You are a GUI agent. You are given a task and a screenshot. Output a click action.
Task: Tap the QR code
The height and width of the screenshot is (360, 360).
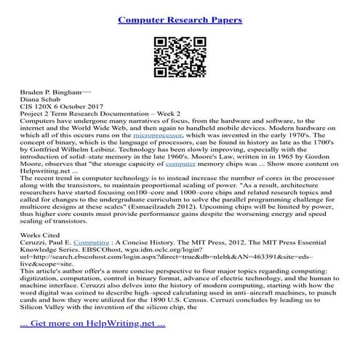179,60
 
